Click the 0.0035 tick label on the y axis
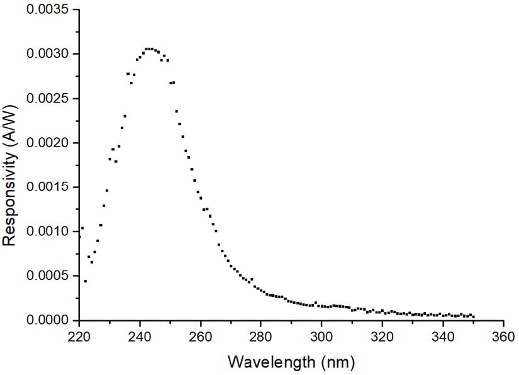coord(47,9)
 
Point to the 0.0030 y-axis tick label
coord(47,53)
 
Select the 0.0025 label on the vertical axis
coord(47,98)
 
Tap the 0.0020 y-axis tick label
coord(47,143)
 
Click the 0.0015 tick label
coord(47,187)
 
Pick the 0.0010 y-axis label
coord(47,231)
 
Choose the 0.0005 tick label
coord(47,276)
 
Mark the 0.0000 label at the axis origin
coord(47,320)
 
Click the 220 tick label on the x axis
coord(79,337)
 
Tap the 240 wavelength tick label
coord(140,337)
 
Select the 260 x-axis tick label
coord(201,337)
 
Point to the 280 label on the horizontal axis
coord(261,337)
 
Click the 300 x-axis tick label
coord(321,337)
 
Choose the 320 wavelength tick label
coord(382,337)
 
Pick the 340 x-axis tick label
coord(443,337)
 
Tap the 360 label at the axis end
coord(503,337)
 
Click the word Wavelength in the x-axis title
coord(272,362)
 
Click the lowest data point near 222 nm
coord(86,281)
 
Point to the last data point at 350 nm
coord(473,316)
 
